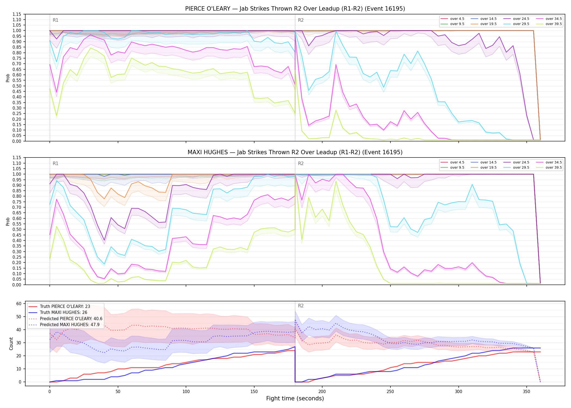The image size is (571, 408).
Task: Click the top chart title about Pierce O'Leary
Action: click(295, 9)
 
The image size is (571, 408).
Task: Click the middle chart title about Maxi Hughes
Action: click(295, 152)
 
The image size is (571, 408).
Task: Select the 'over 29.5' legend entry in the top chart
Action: click(516, 24)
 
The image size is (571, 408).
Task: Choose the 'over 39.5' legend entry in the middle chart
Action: click(549, 168)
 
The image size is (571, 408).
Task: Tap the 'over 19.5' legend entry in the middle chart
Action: click(483, 168)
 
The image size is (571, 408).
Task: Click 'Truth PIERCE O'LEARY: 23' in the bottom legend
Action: click(59, 306)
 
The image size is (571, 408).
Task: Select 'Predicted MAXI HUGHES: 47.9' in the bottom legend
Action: click(64, 324)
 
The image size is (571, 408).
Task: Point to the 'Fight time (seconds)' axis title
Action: click(295, 398)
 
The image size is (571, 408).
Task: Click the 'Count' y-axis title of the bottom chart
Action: click(11, 344)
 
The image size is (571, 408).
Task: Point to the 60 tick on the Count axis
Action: click(19, 304)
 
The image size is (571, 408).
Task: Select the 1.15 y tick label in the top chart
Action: click(17, 14)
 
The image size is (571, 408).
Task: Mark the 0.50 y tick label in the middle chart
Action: click(17, 230)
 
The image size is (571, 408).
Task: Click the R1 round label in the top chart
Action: click(55, 20)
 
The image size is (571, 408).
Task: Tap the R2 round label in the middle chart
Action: click(301, 163)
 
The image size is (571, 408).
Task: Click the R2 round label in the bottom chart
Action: click(301, 306)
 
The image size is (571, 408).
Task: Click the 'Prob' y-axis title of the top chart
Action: click(8, 78)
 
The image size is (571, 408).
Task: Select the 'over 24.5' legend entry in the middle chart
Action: click(516, 162)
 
